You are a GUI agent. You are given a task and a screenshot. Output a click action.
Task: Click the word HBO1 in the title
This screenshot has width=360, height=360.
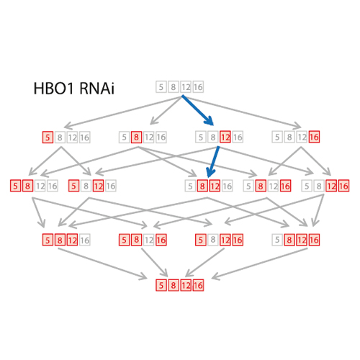(x=53, y=89)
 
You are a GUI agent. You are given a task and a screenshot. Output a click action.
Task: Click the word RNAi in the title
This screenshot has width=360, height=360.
(x=96, y=89)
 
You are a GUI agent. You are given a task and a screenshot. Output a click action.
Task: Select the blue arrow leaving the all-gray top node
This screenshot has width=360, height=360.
(x=197, y=110)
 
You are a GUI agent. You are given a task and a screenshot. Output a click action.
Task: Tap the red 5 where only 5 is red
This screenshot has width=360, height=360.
(x=48, y=138)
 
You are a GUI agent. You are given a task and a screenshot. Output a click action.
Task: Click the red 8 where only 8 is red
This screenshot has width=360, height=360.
(x=136, y=137)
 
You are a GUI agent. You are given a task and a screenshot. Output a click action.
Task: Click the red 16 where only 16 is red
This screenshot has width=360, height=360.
(x=314, y=137)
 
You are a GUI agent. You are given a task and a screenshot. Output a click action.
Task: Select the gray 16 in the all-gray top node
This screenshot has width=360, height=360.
(x=198, y=86)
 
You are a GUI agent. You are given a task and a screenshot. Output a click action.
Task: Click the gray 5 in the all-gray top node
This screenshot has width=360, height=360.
(x=161, y=86)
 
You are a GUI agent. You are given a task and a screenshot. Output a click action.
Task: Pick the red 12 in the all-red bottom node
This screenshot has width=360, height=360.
(x=186, y=285)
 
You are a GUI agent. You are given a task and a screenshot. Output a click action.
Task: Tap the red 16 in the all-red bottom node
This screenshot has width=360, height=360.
(x=198, y=285)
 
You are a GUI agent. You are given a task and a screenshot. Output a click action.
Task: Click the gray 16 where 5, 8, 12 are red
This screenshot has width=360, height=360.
(x=84, y=240)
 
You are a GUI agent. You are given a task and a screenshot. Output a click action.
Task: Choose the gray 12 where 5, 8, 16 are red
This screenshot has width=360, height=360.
(x=149, y=240)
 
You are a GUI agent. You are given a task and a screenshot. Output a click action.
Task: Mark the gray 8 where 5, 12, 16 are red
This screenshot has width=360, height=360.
(x=213, y=240)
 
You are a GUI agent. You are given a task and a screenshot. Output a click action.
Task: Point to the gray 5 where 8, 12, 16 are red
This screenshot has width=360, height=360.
(x=277, y=240)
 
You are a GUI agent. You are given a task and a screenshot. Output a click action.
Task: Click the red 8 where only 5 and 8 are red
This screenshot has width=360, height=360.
(x=28, y=186)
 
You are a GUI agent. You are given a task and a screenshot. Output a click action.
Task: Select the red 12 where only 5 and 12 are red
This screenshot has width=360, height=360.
(x=98, y=186)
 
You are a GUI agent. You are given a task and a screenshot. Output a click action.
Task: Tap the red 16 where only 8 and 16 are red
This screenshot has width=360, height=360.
(x=285, y=186)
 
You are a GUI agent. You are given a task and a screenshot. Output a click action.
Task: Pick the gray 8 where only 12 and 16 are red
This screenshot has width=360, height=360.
(x=319, y=186)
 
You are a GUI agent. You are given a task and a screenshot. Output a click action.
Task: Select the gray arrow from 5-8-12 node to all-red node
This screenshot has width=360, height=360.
(x=103, y=264)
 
